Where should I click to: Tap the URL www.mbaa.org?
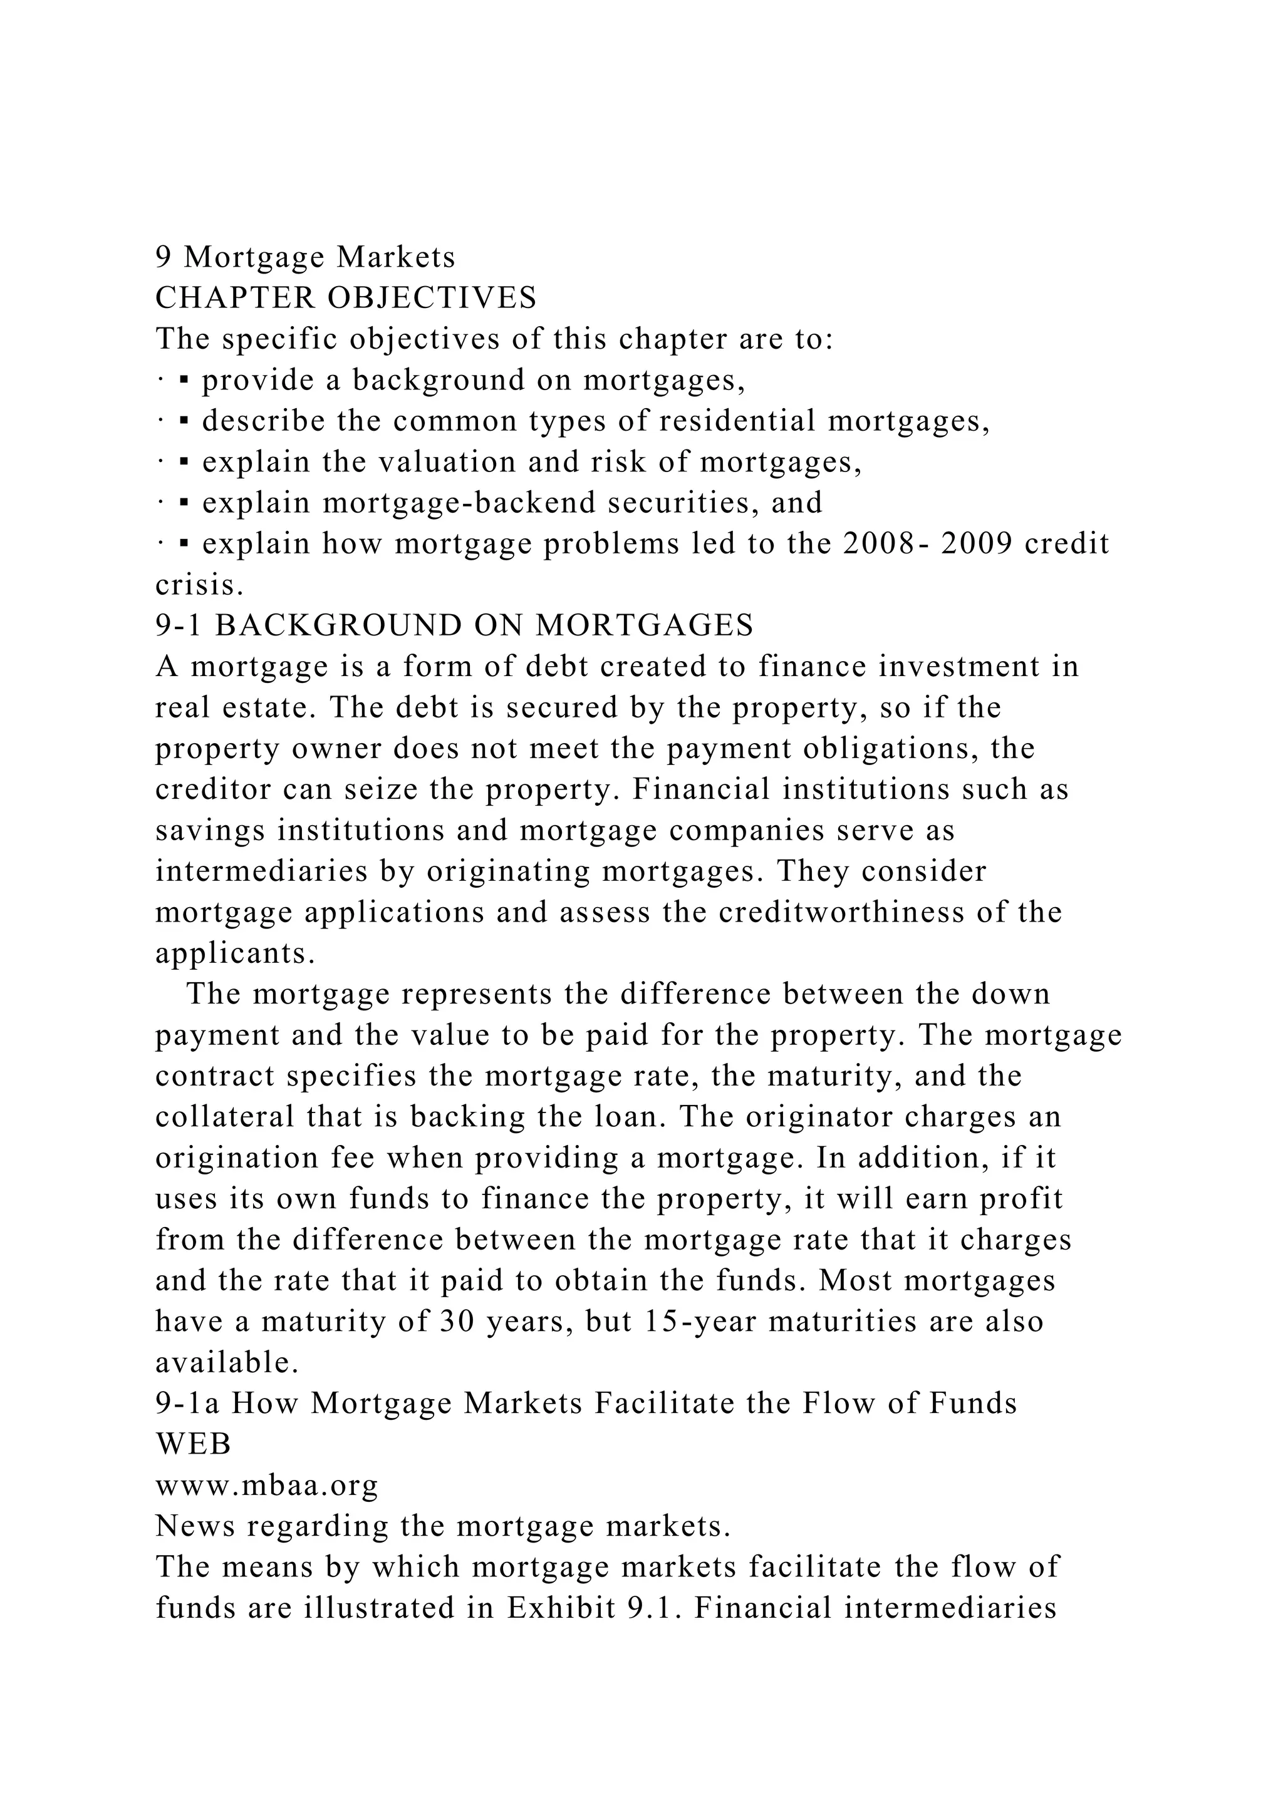pyautogui.click(x=267, y=1486)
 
